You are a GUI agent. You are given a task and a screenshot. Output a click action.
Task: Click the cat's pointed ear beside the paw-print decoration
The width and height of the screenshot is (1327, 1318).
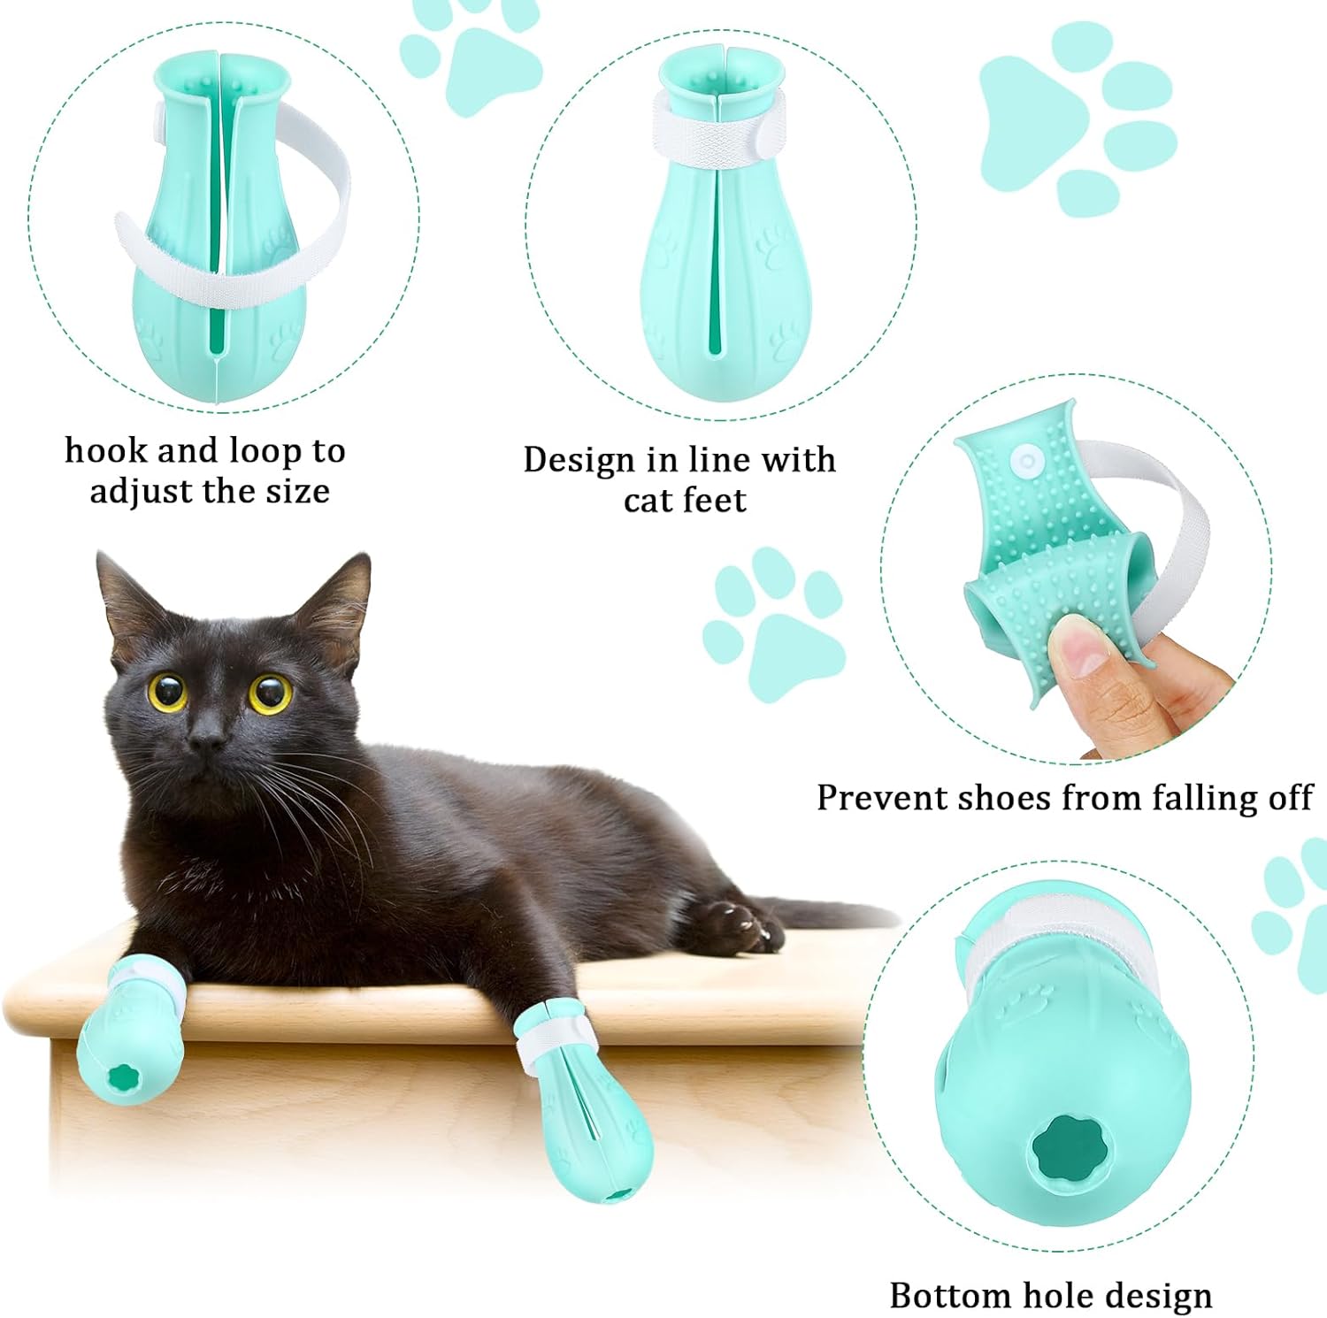coord(339,603)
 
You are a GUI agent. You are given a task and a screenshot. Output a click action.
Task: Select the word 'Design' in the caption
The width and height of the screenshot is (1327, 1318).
coord(579,461)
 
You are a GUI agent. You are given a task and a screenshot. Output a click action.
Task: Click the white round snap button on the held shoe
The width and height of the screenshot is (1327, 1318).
coord(1026,460)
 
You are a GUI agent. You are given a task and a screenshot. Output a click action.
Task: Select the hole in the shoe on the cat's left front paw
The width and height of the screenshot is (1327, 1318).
coord(119,1080)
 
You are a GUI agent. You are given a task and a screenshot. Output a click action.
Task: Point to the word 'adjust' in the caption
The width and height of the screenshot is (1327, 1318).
coord(143,492)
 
